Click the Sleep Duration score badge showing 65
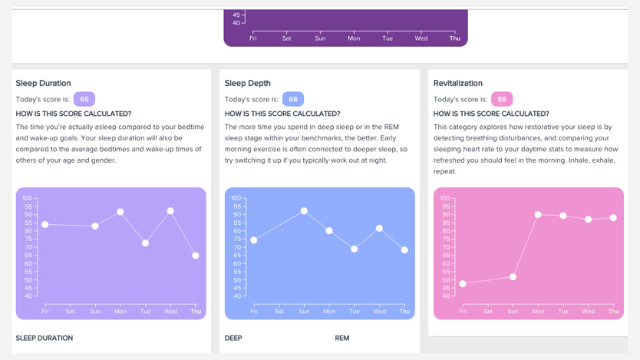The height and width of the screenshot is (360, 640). (x=84, y=99)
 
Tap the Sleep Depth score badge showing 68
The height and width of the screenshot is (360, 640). (x=293, y=99)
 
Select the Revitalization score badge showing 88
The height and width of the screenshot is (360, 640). (x=502, y=99)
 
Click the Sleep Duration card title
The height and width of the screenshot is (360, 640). (x=44, y=83)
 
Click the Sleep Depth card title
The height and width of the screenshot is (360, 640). (x=248, y=83)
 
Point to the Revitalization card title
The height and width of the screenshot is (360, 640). (x=458, y=83)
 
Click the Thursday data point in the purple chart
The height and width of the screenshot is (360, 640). (x=196, y=256)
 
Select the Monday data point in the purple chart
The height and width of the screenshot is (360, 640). (x=120, y=212)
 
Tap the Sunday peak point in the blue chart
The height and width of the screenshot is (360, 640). (x=304, y=210)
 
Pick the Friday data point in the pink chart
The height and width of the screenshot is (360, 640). (x=463, y=284)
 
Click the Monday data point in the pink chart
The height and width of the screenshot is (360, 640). (x=538, y=215)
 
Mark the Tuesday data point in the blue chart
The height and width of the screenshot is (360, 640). (x=354, y=249)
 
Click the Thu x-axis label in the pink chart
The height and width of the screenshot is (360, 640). (x=613, y=312)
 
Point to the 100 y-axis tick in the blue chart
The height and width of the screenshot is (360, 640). (x=236, y=198)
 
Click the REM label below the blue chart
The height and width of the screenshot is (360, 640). (x=342, y=338)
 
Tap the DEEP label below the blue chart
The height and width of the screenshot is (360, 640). (x=233, y=338)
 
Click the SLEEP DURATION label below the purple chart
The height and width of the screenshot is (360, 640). (x=45, y=338)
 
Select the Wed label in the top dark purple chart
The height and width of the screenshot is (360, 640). (x=421, y=38)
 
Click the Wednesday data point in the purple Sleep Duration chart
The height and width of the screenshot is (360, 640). (x=170, y=211)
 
